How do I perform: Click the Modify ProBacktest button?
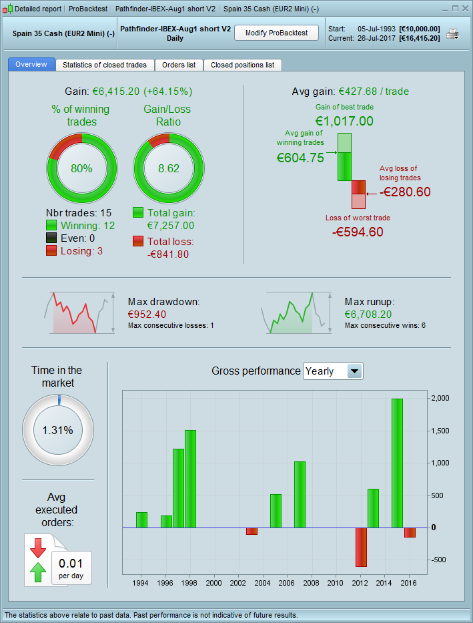(x=276, y=33)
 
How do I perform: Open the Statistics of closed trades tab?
(x=105, y=65)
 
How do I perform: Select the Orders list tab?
(x=179, y=65)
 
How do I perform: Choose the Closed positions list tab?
(x=242, y=65)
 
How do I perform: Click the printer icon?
(x=452, y=34)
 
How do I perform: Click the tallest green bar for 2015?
(x=398, y=463)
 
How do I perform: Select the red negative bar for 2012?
(x=362, y=547)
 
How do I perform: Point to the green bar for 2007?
(x=300, y=494)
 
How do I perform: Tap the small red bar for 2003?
(x=252, y=531)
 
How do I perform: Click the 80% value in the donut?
(x=81, y=168)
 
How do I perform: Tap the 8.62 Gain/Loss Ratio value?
(x=169, y=168)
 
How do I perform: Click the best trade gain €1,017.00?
(x=344, y=121)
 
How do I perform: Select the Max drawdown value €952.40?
(x=147, y=314)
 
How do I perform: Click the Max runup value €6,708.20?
(x=368, y=314)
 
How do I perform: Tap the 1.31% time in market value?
(x=57, y=430)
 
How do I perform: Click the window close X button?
(x=464, y=9)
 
